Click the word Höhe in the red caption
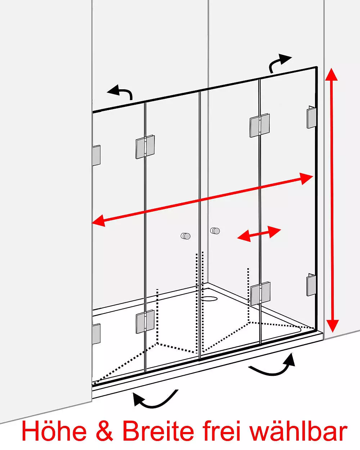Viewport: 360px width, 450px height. (x=54, y=431)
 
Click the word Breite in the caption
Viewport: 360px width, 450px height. (x=158, y=431)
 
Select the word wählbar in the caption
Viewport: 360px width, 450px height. (x=298, y=431)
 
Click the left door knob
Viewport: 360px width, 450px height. (x=185, y=236)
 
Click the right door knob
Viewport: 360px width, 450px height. (x=215, y=231)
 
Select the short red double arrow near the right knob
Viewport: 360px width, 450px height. (x=259, y=234)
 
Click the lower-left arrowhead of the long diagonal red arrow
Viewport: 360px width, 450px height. (x=99, y=221)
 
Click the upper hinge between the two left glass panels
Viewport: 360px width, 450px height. (x=145, y=147)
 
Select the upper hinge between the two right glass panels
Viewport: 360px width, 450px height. (x=260, y=125)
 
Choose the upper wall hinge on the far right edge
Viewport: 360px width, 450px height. (x=311, y=117)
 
